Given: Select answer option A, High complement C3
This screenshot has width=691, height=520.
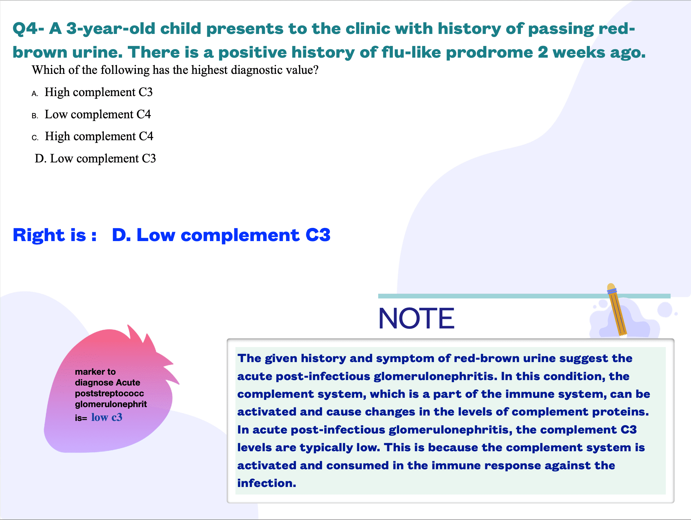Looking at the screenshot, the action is pos(92,92).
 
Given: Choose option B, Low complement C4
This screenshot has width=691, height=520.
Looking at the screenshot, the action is pos(91,114).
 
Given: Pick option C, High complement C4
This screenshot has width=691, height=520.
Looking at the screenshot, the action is pos(92,136).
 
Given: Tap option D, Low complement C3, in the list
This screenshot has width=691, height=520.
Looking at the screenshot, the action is pos(95,159).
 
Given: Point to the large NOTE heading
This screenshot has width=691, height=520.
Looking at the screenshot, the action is pos(416,318).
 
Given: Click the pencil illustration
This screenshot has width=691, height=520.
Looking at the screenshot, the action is pos(617,310).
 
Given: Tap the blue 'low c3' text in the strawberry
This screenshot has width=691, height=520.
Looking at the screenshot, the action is pos(107,417).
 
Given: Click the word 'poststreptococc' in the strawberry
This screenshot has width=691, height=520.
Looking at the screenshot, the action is pos(110,393).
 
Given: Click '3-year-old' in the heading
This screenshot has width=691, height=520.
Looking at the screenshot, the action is pos(111,29).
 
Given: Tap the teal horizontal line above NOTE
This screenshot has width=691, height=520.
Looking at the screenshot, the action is pos(524,296).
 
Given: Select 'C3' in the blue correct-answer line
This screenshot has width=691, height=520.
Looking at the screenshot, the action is pos(318,235).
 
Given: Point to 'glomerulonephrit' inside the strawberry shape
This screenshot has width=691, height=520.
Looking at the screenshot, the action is pos(111,404).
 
